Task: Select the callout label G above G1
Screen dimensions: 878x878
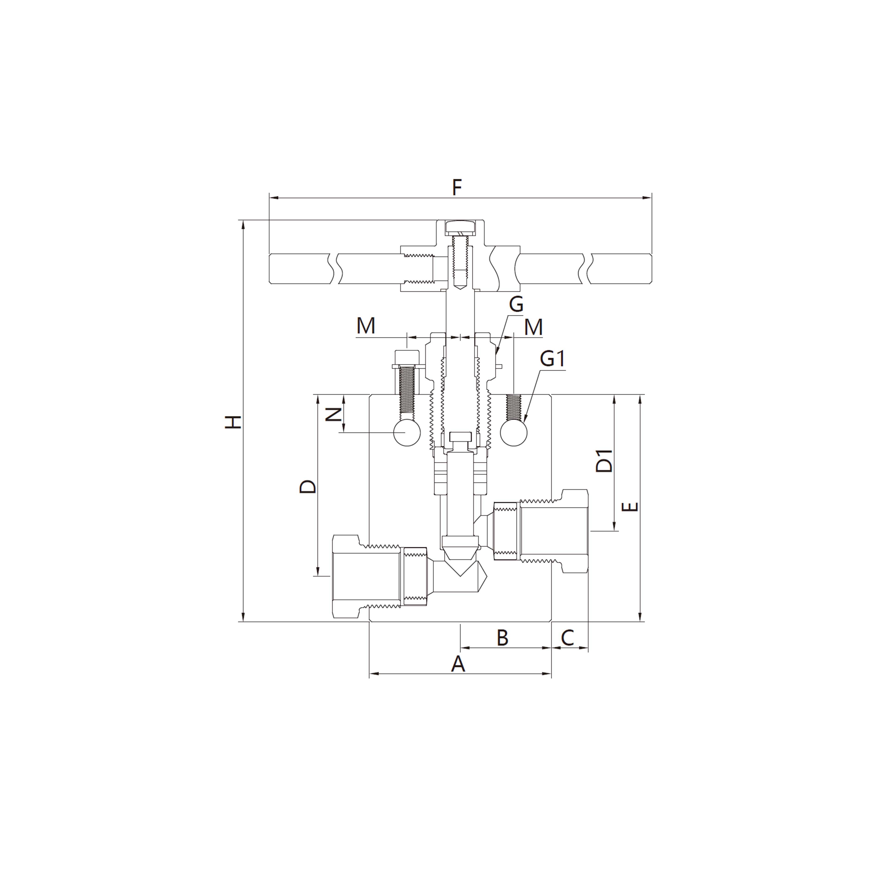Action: (516, 304)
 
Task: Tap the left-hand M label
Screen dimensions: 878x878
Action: (366, 326)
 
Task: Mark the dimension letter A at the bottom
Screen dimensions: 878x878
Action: (458, 665)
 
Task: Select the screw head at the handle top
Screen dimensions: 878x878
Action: (460, 226)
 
